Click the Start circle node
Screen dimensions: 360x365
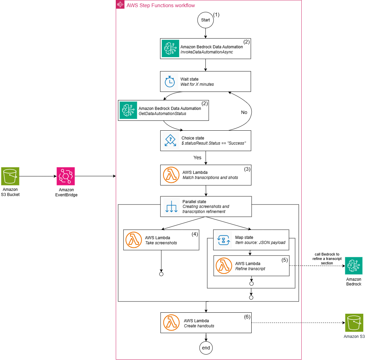point(206,20)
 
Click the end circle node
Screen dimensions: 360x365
point(206,348)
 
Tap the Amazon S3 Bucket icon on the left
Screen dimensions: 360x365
point(10,176)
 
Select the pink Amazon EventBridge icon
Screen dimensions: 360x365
point(65,176)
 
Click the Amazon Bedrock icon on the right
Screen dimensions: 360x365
point(353,266)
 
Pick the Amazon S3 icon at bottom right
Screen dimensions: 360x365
point(354,323)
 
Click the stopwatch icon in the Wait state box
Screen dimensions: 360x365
point(170,82)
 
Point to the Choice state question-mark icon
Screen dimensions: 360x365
point(170,141)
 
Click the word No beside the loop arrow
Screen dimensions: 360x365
point(244,112)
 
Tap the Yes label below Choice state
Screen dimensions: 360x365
point(197,158)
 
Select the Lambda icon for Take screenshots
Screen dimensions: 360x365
point(134,240)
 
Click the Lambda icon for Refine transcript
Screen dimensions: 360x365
point(224,266)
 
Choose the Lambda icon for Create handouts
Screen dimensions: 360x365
point(172,323)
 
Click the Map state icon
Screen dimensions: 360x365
point(224,240)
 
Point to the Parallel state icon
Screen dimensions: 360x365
point(171,207)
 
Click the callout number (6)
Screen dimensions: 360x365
point(247,316)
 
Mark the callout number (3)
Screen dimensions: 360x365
point(247,169)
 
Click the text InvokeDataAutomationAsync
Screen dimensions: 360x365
point(207,52)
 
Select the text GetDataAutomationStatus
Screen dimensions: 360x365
point(162,114)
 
